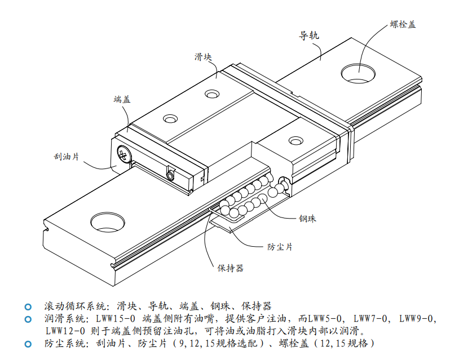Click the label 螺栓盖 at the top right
click(403, 24)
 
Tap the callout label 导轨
click(309, 35)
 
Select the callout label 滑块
click(203, 57)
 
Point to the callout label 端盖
click(122, 100)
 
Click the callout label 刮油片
click(67, 157)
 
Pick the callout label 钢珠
click(307, 219)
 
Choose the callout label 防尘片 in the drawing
click(280, 247)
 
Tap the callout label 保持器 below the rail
click(231, 268)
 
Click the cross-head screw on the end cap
click(124, 154)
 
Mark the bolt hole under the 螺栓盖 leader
click(358, 73)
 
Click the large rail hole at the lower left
click(108, 223)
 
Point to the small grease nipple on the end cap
click(170, 175)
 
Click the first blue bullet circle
click(28, 307)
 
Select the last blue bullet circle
click(28, 344)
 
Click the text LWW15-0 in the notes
click(116, 318)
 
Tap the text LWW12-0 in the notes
click(65, 331)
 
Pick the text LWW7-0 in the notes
click(370, 318)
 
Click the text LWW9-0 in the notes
click(417, 318)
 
